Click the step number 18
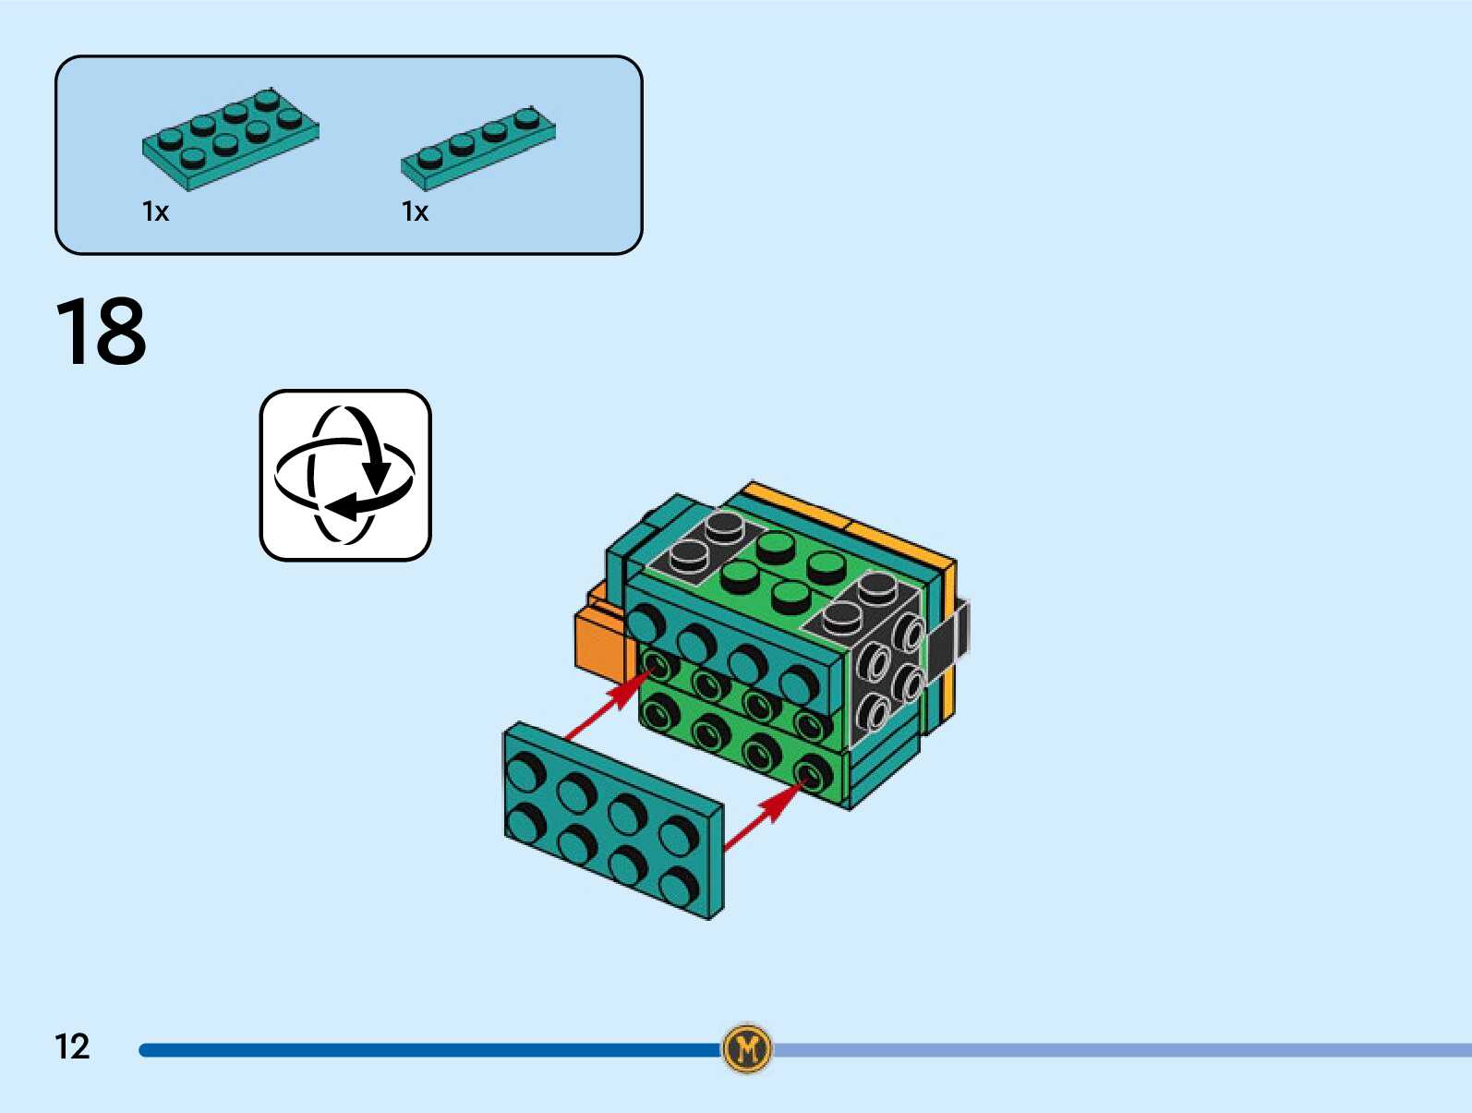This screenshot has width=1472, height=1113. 101,332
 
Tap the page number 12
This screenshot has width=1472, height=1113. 72,1046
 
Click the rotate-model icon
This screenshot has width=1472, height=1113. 345,475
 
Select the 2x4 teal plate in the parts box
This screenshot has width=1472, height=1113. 230,139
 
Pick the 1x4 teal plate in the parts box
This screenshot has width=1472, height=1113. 477,147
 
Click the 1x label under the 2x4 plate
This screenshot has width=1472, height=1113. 155,212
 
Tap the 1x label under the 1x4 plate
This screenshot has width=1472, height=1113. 415,212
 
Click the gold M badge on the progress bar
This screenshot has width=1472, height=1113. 747,1048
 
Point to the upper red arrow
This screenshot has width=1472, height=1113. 609,707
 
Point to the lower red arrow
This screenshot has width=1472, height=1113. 765,813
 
